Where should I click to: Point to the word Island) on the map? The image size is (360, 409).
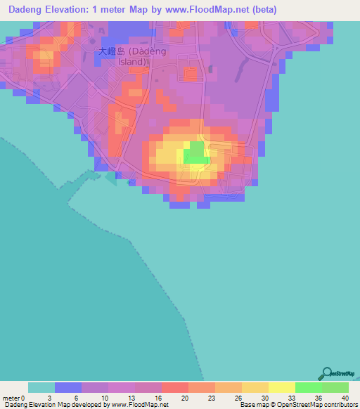(x=132, y=61)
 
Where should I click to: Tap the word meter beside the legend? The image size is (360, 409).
(x=12, y=398)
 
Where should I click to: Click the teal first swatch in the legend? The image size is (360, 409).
(x=41, y=387)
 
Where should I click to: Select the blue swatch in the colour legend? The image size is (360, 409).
(x=67, y=387)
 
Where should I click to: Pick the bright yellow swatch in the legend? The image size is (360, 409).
(x=281, y=387)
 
